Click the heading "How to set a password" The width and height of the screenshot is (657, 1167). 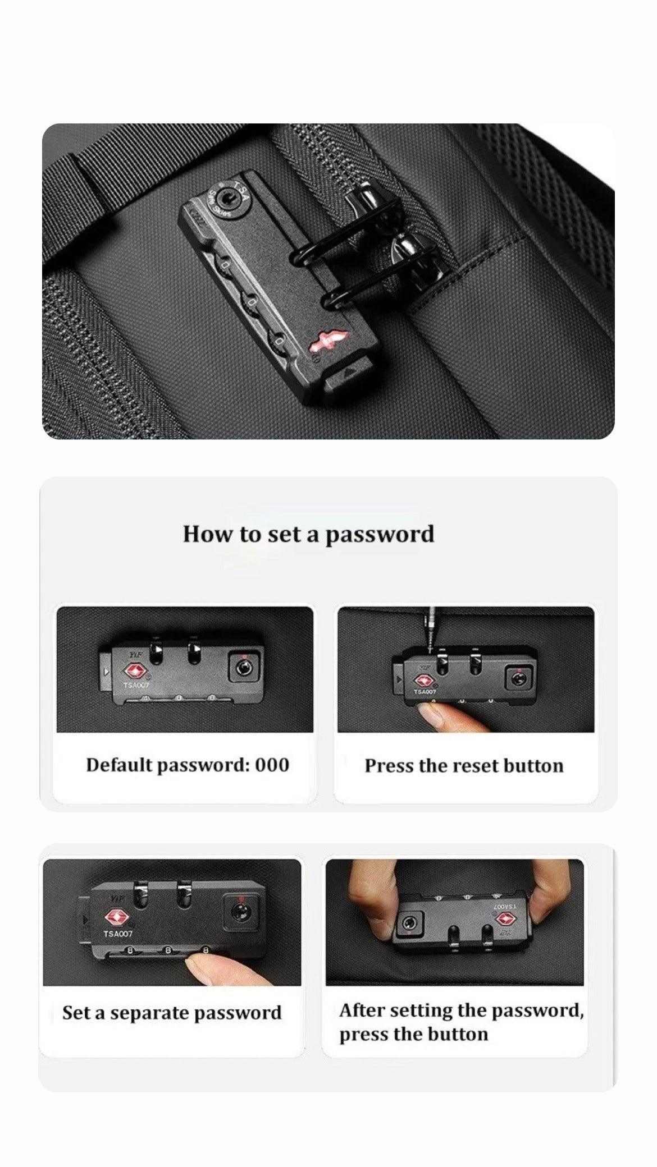click(308, 534)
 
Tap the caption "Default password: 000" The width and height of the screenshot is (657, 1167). click(187, 765)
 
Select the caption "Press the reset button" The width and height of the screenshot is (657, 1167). click(463, 766)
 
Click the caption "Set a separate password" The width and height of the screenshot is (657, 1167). click(172, 1013)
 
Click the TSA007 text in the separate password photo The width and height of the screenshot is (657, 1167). click(118, 934)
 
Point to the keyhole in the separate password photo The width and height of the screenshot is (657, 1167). click(240, 909)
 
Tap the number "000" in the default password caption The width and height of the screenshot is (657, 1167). click(272, 765)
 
